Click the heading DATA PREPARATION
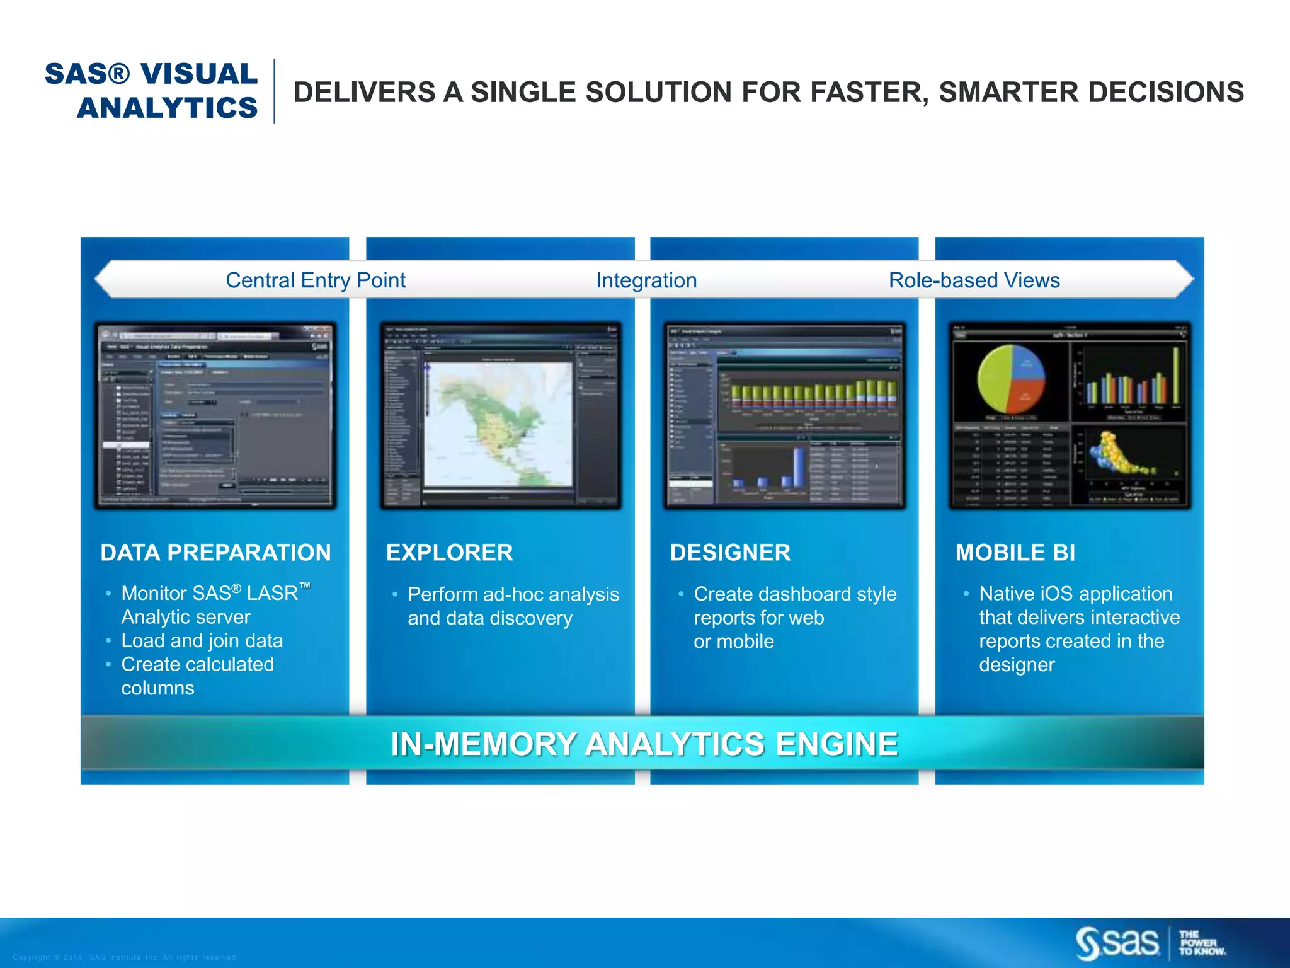coord(215,553)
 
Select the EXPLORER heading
coord(449,553)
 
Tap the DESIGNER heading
coord(730,553)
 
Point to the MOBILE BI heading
coord(1015,553)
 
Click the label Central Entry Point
coord(315,280)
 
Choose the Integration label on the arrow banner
coord(646,280)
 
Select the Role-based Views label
coord(974,280)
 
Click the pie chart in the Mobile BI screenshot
coord(1010,379)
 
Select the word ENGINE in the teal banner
coord(836,744)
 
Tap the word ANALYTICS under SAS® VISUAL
coord(168,108)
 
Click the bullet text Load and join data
coord(202,641)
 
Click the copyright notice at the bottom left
coord(124,957)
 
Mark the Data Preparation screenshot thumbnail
coord(215,416)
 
